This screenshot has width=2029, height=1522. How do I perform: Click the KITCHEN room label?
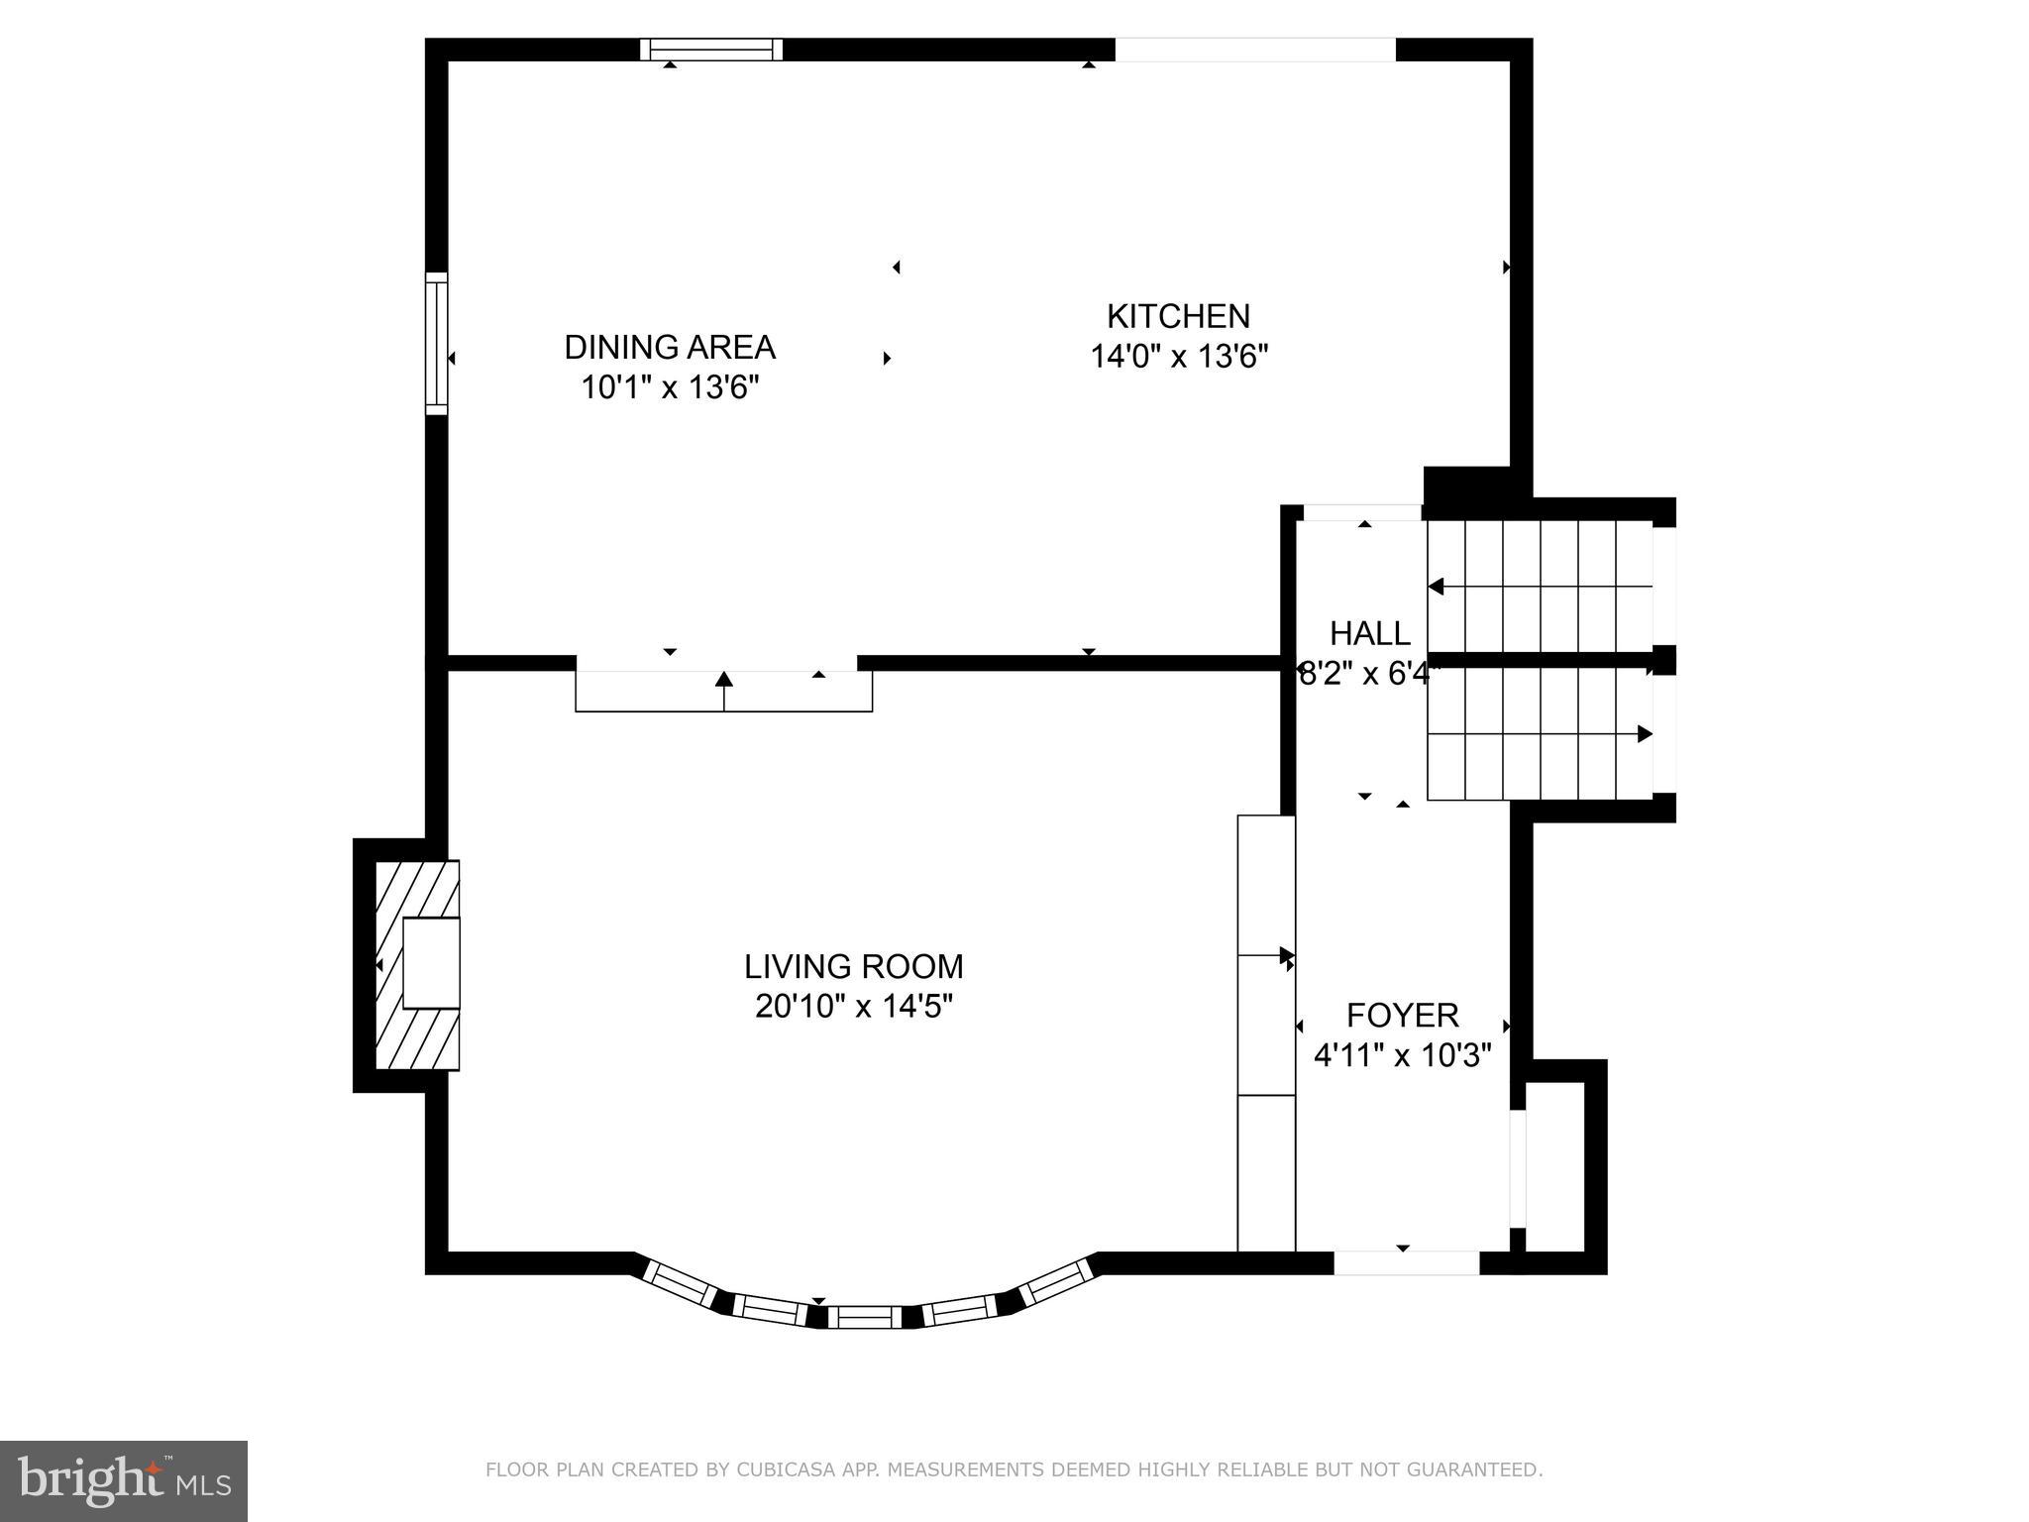tap(1178, 316)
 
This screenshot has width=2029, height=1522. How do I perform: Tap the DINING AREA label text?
tap(670, 347)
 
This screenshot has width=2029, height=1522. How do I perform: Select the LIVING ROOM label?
tap(853, 966)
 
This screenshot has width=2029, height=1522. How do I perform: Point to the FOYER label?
tap(1402, 1015)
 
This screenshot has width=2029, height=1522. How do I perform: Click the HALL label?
tap(1369, 632)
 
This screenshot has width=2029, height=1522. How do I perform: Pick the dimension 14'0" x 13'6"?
tap(1179, 356)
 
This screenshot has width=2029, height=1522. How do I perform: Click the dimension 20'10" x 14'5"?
tap(853, 1007)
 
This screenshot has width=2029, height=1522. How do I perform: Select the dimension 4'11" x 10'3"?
tap(1402, 1055)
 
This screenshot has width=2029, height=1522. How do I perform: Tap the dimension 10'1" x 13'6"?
tap(670, 387)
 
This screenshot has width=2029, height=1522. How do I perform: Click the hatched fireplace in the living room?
tap(417, 964)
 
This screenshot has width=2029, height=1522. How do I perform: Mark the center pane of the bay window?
tap(865, 1317)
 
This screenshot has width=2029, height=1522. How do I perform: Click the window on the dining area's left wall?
tap(437, 343)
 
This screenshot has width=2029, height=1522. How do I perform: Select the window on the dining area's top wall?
tap(711, 50)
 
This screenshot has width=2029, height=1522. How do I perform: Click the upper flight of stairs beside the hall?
tap(1539, 587)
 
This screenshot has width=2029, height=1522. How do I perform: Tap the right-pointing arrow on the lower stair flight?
tap(1645, 734)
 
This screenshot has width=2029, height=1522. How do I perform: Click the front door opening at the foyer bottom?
tap(1406, 1262)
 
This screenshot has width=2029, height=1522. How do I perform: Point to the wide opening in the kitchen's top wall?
tap(1255, 50)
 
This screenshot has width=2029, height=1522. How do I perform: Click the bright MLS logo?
tap(124, 1480)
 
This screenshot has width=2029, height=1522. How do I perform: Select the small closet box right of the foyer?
tap(1554, 1167)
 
